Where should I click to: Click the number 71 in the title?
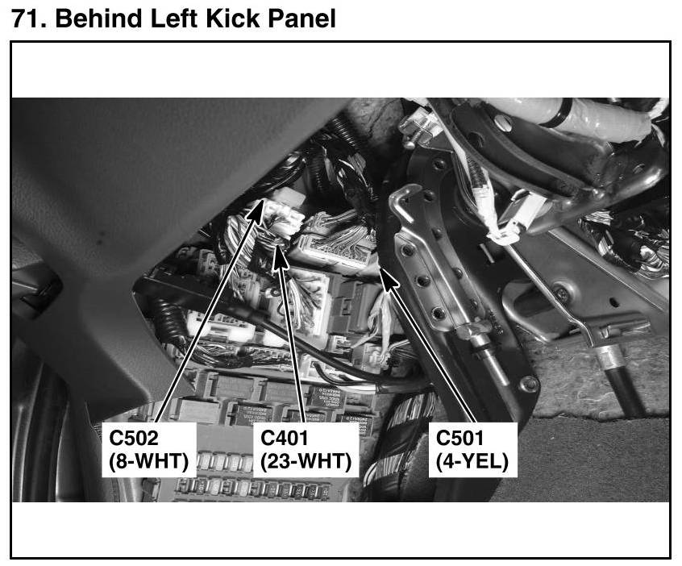click(29, 19)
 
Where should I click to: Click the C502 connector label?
click(134, 438)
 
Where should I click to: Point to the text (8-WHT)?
click(149, 461)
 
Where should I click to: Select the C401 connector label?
click(285, 438)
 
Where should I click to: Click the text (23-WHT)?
click(306, 461)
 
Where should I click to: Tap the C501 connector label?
click(460, 438)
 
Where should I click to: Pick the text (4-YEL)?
click(472, 461)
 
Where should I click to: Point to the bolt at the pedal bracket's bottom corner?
click(530, 383)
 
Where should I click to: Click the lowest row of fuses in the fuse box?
click(250, 489)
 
